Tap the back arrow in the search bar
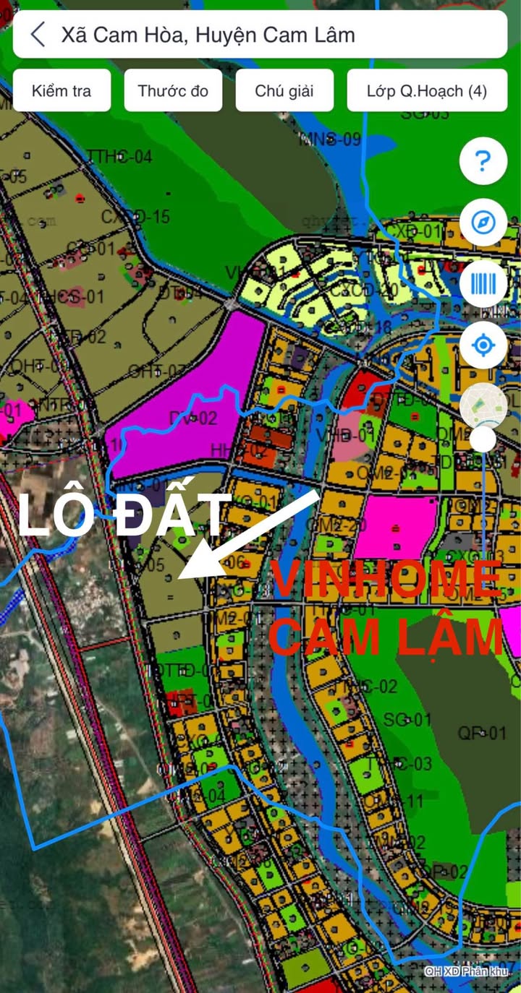coord(38,34)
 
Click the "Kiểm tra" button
coord(62,91)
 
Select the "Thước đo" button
coord(173,91)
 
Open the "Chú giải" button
coord(284,91)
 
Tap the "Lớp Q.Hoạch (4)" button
coord(426,91)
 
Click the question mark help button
coord(483,161)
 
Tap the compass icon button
coord(483,222)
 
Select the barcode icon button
coord(483,283)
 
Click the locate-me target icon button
coord(483,345)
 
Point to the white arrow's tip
coord(181,577)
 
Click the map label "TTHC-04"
coord(120,157)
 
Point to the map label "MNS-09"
coord(330,139)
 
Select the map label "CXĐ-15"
coord(135,216)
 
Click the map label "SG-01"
coord(407,719)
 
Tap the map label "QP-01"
coord(482,734)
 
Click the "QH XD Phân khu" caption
coord(467,971)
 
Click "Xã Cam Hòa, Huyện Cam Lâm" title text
coord(208,34)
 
